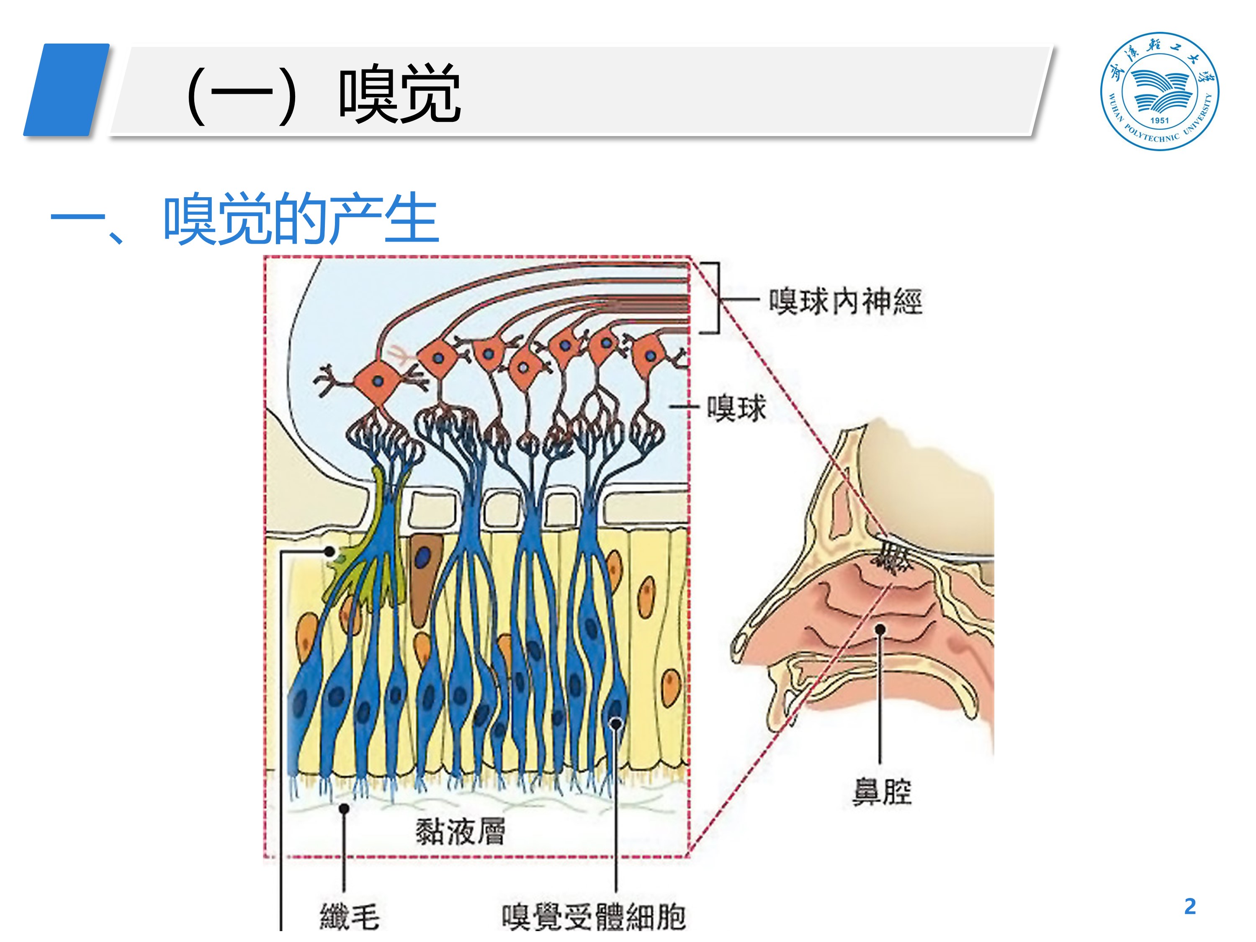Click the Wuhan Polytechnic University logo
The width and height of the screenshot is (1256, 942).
(x=1159, y=91)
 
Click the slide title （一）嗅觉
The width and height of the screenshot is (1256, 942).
(x=324, y=94)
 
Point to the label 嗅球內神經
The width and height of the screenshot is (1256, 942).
(x=845, y=301)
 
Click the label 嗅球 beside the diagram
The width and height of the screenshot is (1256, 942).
(x=736, y=408)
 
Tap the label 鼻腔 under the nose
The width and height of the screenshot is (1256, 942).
(x=881, y=793)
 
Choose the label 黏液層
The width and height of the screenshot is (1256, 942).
(x=460, y=832)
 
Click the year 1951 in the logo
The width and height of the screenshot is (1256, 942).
(x=1159, y=121)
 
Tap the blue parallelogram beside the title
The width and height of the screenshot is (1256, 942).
(x=67, y=90)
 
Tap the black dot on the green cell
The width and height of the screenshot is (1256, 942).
(x=329, y=551)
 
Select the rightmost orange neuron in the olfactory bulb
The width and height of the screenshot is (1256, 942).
(x=650, y=355)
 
